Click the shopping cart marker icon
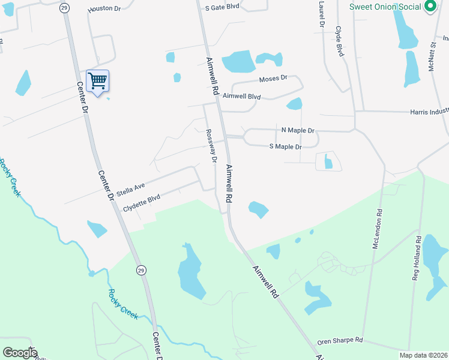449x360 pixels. (97, 80)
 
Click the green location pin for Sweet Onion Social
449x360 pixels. (430, 7)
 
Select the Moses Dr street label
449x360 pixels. (273, 79)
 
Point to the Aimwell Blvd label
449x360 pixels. (241, 96)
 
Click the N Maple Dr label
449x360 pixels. (298, 130)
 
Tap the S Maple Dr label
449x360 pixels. (285, 146)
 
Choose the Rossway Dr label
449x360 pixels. (211, 146)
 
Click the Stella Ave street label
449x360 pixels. (131, 188)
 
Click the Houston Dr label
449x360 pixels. (104, 10)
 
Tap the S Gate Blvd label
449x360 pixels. (222, 7)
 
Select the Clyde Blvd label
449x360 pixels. (339, 41)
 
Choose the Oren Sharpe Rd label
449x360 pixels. (340, 340)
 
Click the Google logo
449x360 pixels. (20, 353)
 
